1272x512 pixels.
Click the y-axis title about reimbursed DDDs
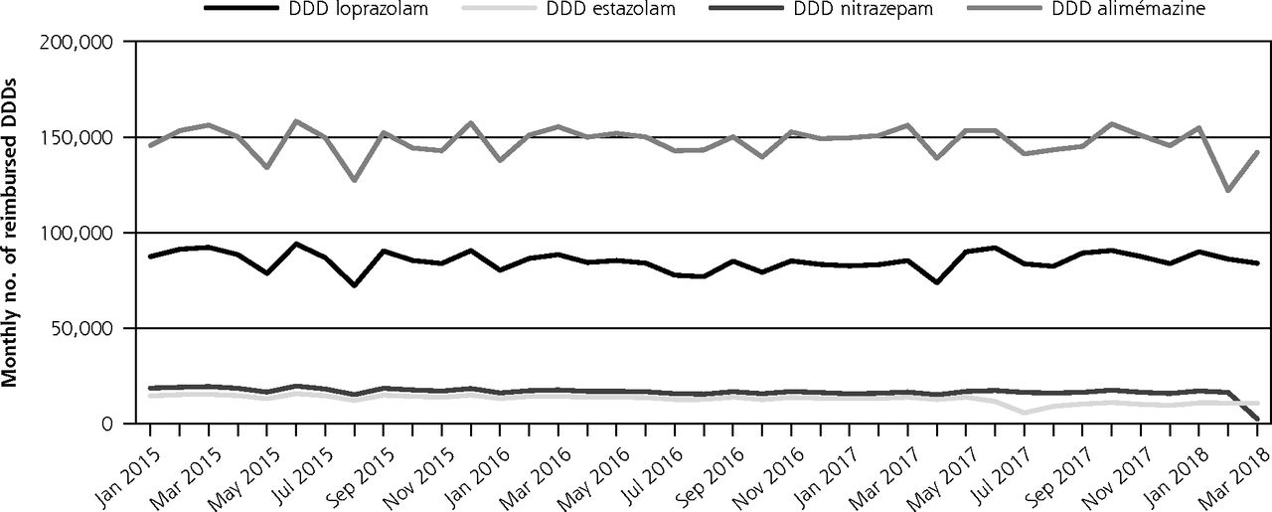[x=11, y=233]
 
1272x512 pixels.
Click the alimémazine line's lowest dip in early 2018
[x=1227, y=190]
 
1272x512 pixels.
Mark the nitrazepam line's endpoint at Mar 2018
[x=1256, y=419]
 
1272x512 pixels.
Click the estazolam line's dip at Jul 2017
[x=1024, y=413]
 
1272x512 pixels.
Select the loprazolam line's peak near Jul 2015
[x=296, y=244]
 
